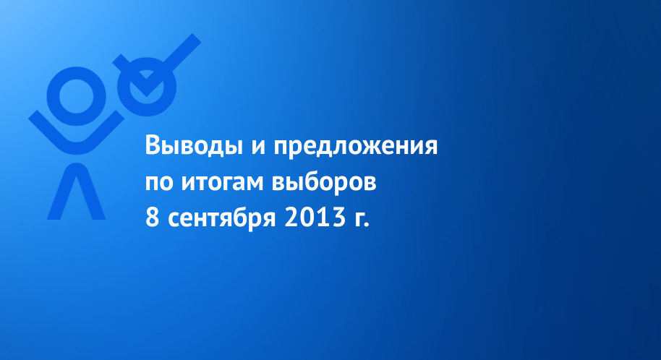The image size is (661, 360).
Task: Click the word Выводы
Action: click(194, 146)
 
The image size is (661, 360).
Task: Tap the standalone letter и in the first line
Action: click(258, 147)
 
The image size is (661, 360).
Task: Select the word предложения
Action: click(356, 147)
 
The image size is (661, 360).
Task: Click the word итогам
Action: click(223, 183)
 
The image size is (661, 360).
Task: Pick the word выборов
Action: click(324, 181)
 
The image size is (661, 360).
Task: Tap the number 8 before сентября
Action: click(152, 218)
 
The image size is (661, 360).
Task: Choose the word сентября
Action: click(222, 218)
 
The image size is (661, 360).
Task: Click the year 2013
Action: click(315, 218)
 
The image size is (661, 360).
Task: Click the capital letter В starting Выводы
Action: click(153, 145)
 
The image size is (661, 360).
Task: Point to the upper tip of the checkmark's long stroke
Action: click(197, 38)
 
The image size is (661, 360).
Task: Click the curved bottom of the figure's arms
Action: click(77, 147)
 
